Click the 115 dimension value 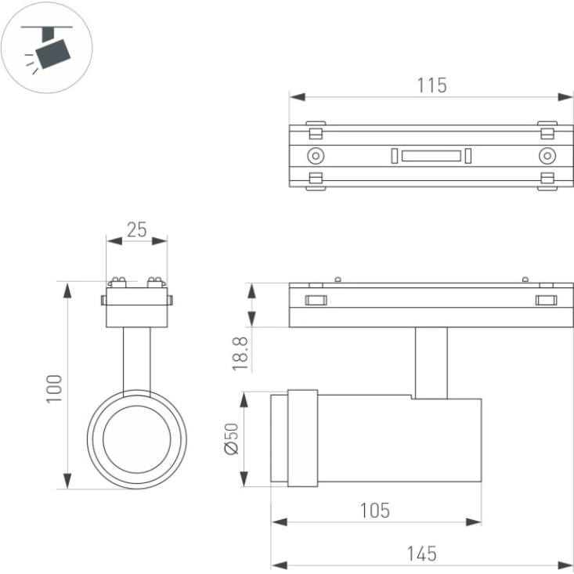[432, 85]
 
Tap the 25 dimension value [136, 229]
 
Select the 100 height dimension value [54, 388]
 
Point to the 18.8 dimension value [240, 354]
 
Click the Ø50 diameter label [231, 439]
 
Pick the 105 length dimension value [375, 511]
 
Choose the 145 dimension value [422, 554]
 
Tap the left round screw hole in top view [316, 156]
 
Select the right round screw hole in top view [547, 156]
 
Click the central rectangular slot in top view [431, 156]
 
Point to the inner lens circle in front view [137, 439]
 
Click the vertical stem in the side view [431, 363]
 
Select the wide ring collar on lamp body [303, 439]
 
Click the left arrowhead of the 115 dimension [298, 97]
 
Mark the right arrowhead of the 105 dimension [474, 522]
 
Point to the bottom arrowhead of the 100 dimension [67, 481]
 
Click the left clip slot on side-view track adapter [316, 301]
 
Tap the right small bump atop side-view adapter [525, 280]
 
